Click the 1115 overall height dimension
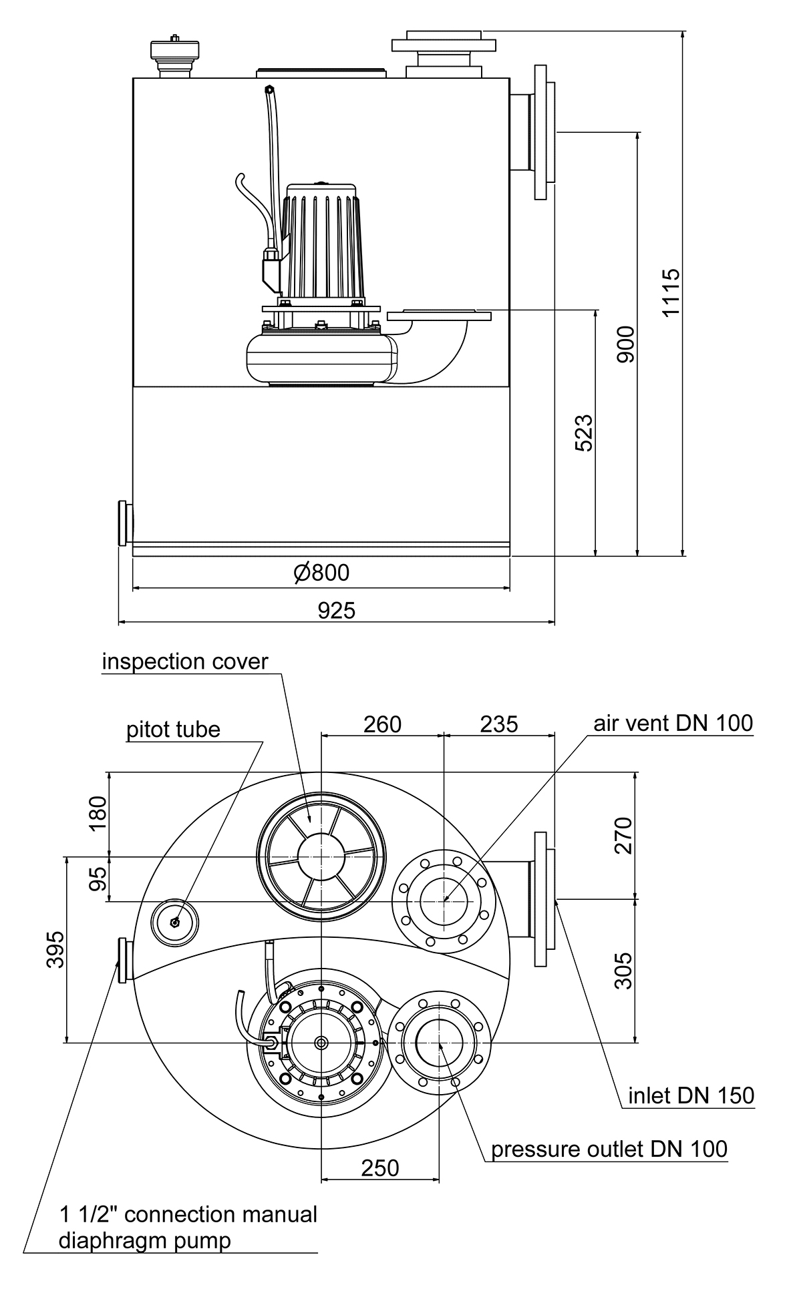[x=671, y=292]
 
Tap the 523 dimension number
[x=583, y=433]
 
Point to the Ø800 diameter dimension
[x=321, y=572]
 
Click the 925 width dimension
[x=336, y=610]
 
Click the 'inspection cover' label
[x=184, y=662]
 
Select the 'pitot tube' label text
[x=173, y=729]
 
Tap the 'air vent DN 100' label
[x=673, y=722]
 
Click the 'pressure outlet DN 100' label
[x=609, y=1149]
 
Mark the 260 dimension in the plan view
[x=382, y=724]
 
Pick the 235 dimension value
[x=499, y=724]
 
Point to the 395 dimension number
[x=55, y=949]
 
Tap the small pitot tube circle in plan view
[x=175, y=923]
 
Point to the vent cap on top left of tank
[x=175, y=58]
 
